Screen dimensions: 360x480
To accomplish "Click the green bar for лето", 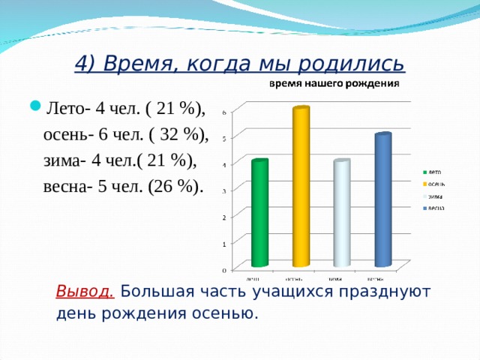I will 259,214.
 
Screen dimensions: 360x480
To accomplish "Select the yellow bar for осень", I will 301,187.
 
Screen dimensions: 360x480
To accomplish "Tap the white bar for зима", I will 342,214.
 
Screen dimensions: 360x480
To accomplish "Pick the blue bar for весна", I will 382,200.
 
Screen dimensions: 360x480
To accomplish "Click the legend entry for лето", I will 433,172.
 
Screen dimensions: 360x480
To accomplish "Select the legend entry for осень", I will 434,183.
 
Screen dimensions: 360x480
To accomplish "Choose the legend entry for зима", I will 433,195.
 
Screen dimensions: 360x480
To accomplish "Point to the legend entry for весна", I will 434,207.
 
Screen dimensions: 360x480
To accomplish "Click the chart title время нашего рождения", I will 334,83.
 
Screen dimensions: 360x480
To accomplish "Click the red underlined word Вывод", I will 85,292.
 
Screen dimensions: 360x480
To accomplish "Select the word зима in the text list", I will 59,160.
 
